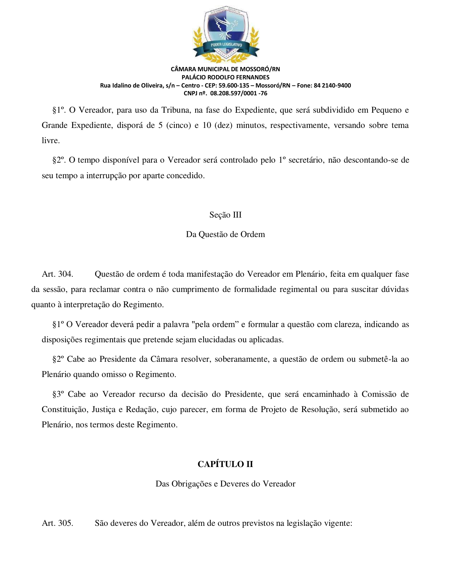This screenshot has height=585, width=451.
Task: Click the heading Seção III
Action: pos(225,215)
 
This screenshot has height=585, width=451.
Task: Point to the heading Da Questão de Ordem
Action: pos(225,234)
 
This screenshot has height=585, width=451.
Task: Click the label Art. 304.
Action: pos(57,274)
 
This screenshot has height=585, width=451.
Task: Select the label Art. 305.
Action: pos(57,523)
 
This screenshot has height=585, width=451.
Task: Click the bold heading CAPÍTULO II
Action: pos(225,464)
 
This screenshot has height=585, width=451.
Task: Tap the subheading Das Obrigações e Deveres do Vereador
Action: pos(225,484)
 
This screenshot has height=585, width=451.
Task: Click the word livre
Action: pos(50,141)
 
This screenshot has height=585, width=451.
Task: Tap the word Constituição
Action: pos(64,410)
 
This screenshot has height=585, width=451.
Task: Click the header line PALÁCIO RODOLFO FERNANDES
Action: pos(225,77)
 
